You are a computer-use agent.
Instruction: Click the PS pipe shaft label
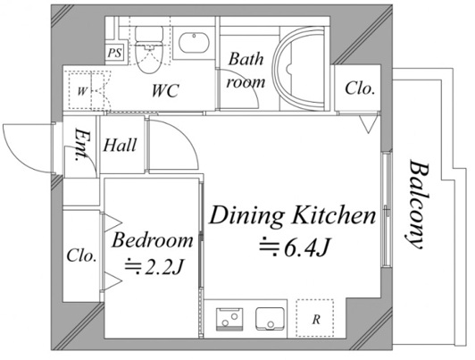click(x=115, y=53)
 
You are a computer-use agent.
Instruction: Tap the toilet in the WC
click(x=148, y=49)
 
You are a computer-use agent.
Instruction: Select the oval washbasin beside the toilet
click(x=194, y=43)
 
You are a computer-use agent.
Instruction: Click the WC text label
click(x=165, y=90)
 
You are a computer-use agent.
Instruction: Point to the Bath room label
click(x=246, y=70)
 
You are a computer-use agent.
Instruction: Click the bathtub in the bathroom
click(x=299, y=70)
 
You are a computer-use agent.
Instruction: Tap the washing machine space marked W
click(x=87, y=90)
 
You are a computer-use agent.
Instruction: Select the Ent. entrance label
click(x=80, y=145)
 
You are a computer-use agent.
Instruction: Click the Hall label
click(x=120, y=145)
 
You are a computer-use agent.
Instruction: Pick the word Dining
click(x=246, y=216)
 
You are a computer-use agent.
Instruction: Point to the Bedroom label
click(x=153, y=240)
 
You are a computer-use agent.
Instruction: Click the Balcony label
click(x=417, y=205)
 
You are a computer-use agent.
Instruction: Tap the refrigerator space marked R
click(x=315, y=318)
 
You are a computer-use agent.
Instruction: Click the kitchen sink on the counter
click(x=270, y=319)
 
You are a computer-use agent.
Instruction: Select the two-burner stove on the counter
click(x=229, y=320)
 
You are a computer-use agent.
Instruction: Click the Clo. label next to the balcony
click(x=359, y=88)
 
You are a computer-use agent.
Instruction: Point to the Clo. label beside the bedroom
click(x=81, y=255)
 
